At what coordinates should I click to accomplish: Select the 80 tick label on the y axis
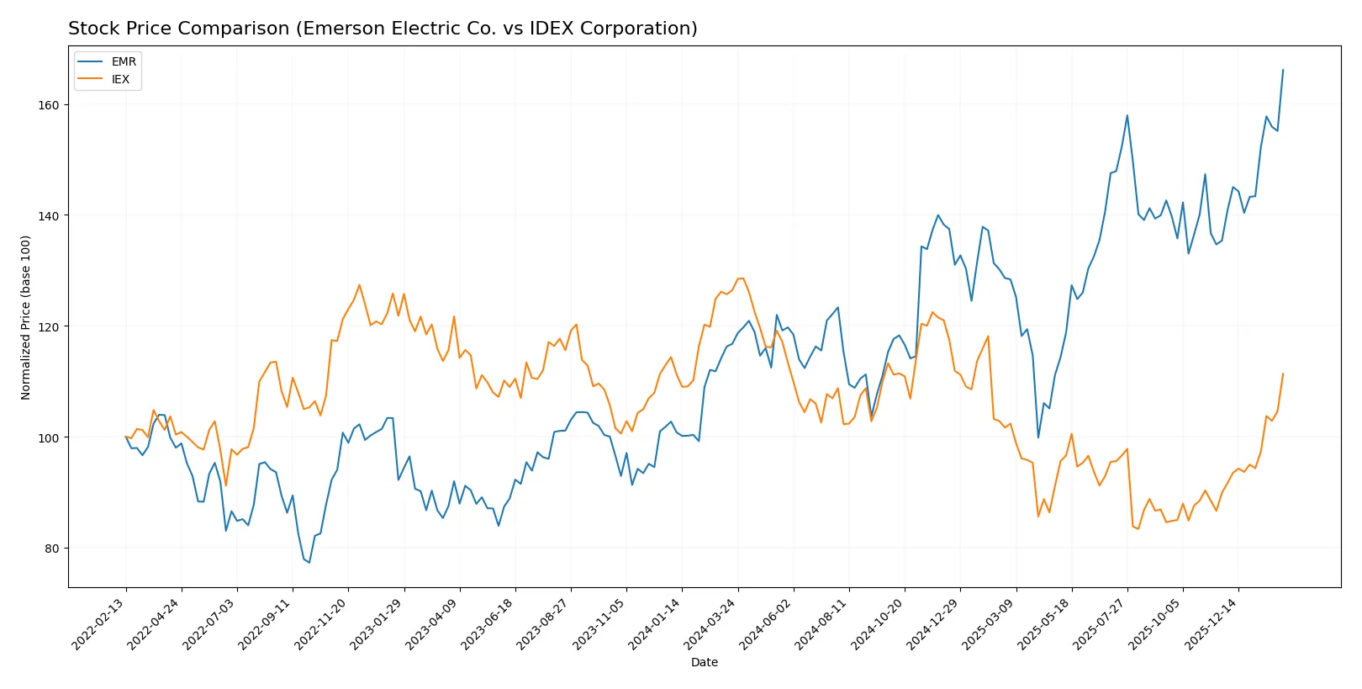click(51, 549)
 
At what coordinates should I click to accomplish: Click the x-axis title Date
click(704, 663)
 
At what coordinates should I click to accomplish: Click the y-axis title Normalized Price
click(26, 317)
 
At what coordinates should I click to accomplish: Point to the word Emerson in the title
click(337, 29)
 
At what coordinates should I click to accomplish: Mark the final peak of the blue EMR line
click(1283, 70)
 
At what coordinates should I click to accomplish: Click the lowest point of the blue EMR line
click(309, 563)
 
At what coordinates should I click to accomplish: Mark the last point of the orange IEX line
click(1283, 374)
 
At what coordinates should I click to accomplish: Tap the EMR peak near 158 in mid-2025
click(1127, 115)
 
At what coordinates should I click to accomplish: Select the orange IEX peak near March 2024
click(741, 278)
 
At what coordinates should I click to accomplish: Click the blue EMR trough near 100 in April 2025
click(1037, 437)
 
